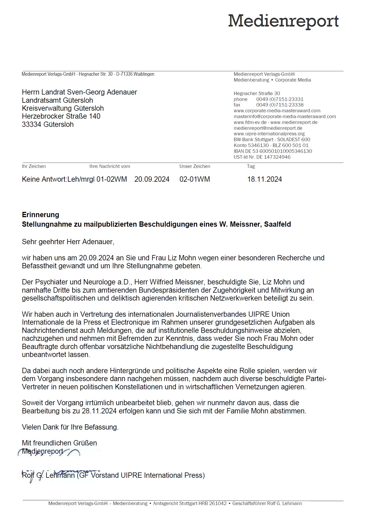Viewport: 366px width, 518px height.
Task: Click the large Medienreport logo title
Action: click(x=283, y=21)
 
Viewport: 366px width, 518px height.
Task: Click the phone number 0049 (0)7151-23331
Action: click(x=280, y=99)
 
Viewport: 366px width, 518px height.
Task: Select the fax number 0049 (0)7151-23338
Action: click(x=280, y=105)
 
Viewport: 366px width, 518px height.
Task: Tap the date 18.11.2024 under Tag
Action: click(x=264, y=179)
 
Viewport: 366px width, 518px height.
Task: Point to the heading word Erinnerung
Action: click(x=40, y=215)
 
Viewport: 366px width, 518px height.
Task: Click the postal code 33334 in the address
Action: click(x=32, y=124)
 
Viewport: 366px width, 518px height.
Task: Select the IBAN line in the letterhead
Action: click(x=273, y=151)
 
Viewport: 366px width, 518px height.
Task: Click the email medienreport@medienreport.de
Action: click(x=268, y=128)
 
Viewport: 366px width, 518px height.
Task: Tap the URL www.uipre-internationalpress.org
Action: click(x=269, y=134)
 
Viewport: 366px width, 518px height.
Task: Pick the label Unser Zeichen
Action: click(x=195, y=166)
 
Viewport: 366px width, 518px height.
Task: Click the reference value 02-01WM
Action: click(x=195, y=179)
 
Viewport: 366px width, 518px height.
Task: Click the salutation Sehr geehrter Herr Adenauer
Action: click(x=68, y=242)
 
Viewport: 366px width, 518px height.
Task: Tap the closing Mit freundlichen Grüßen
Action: click(x=59, y=443)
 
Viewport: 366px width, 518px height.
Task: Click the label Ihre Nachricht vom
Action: click(x=110, y=166)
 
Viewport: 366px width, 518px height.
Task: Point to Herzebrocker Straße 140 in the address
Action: click(x=61, y=116)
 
